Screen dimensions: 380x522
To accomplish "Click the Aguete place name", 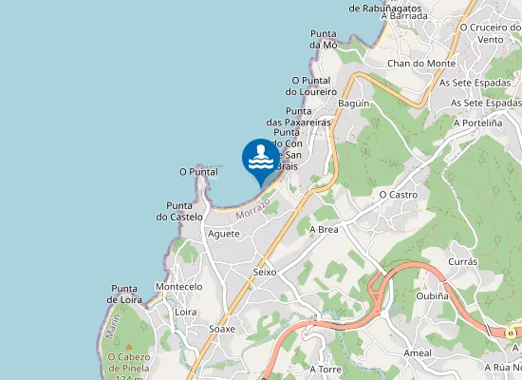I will tap(224, 234).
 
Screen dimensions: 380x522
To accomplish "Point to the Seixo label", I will tap(265, 272).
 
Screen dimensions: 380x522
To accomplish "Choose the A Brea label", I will tap(325, 229).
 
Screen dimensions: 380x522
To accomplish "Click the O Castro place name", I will tap(399, 194).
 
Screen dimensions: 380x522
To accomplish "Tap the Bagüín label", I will tap(353, 103).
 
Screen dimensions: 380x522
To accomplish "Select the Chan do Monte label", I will tap(421, 64).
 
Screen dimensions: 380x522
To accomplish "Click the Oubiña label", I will tap(433, 295).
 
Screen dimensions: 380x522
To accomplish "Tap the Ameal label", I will tap(418, 352).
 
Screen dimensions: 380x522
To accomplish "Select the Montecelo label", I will tap(178, 286).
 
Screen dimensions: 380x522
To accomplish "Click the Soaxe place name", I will tap(222, 329).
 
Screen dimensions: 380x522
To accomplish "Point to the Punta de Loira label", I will tap(126, 294).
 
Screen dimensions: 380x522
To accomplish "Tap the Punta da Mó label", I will tap(324, 39).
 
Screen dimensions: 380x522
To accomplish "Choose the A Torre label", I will tap(326, 368).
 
